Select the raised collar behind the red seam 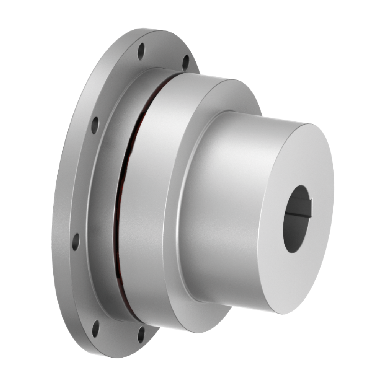(x=102, y=193)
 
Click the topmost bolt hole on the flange (x=141, y=51)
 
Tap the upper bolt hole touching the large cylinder (x=186, y=63)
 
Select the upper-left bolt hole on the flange (x=95, y=125)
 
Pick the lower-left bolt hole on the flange (x=76, y=241)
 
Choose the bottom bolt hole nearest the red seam (x=141, y=334)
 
